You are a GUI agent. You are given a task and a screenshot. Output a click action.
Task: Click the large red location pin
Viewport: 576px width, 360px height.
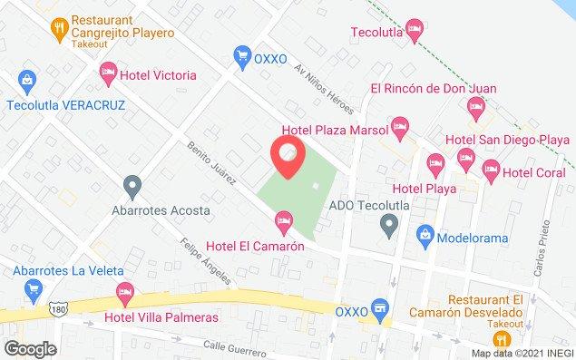(288, 156)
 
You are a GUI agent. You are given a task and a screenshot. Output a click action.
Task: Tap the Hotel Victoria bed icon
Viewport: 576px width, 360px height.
(109, 71)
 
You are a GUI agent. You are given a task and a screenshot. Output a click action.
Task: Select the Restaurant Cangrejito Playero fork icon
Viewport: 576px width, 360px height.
(60, 25)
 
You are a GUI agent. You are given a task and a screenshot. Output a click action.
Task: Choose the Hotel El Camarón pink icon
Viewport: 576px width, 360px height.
(284, 219)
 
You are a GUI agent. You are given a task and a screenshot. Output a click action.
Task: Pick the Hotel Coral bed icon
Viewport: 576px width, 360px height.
(491, 168)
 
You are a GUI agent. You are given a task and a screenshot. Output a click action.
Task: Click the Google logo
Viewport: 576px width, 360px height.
(30, 349)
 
